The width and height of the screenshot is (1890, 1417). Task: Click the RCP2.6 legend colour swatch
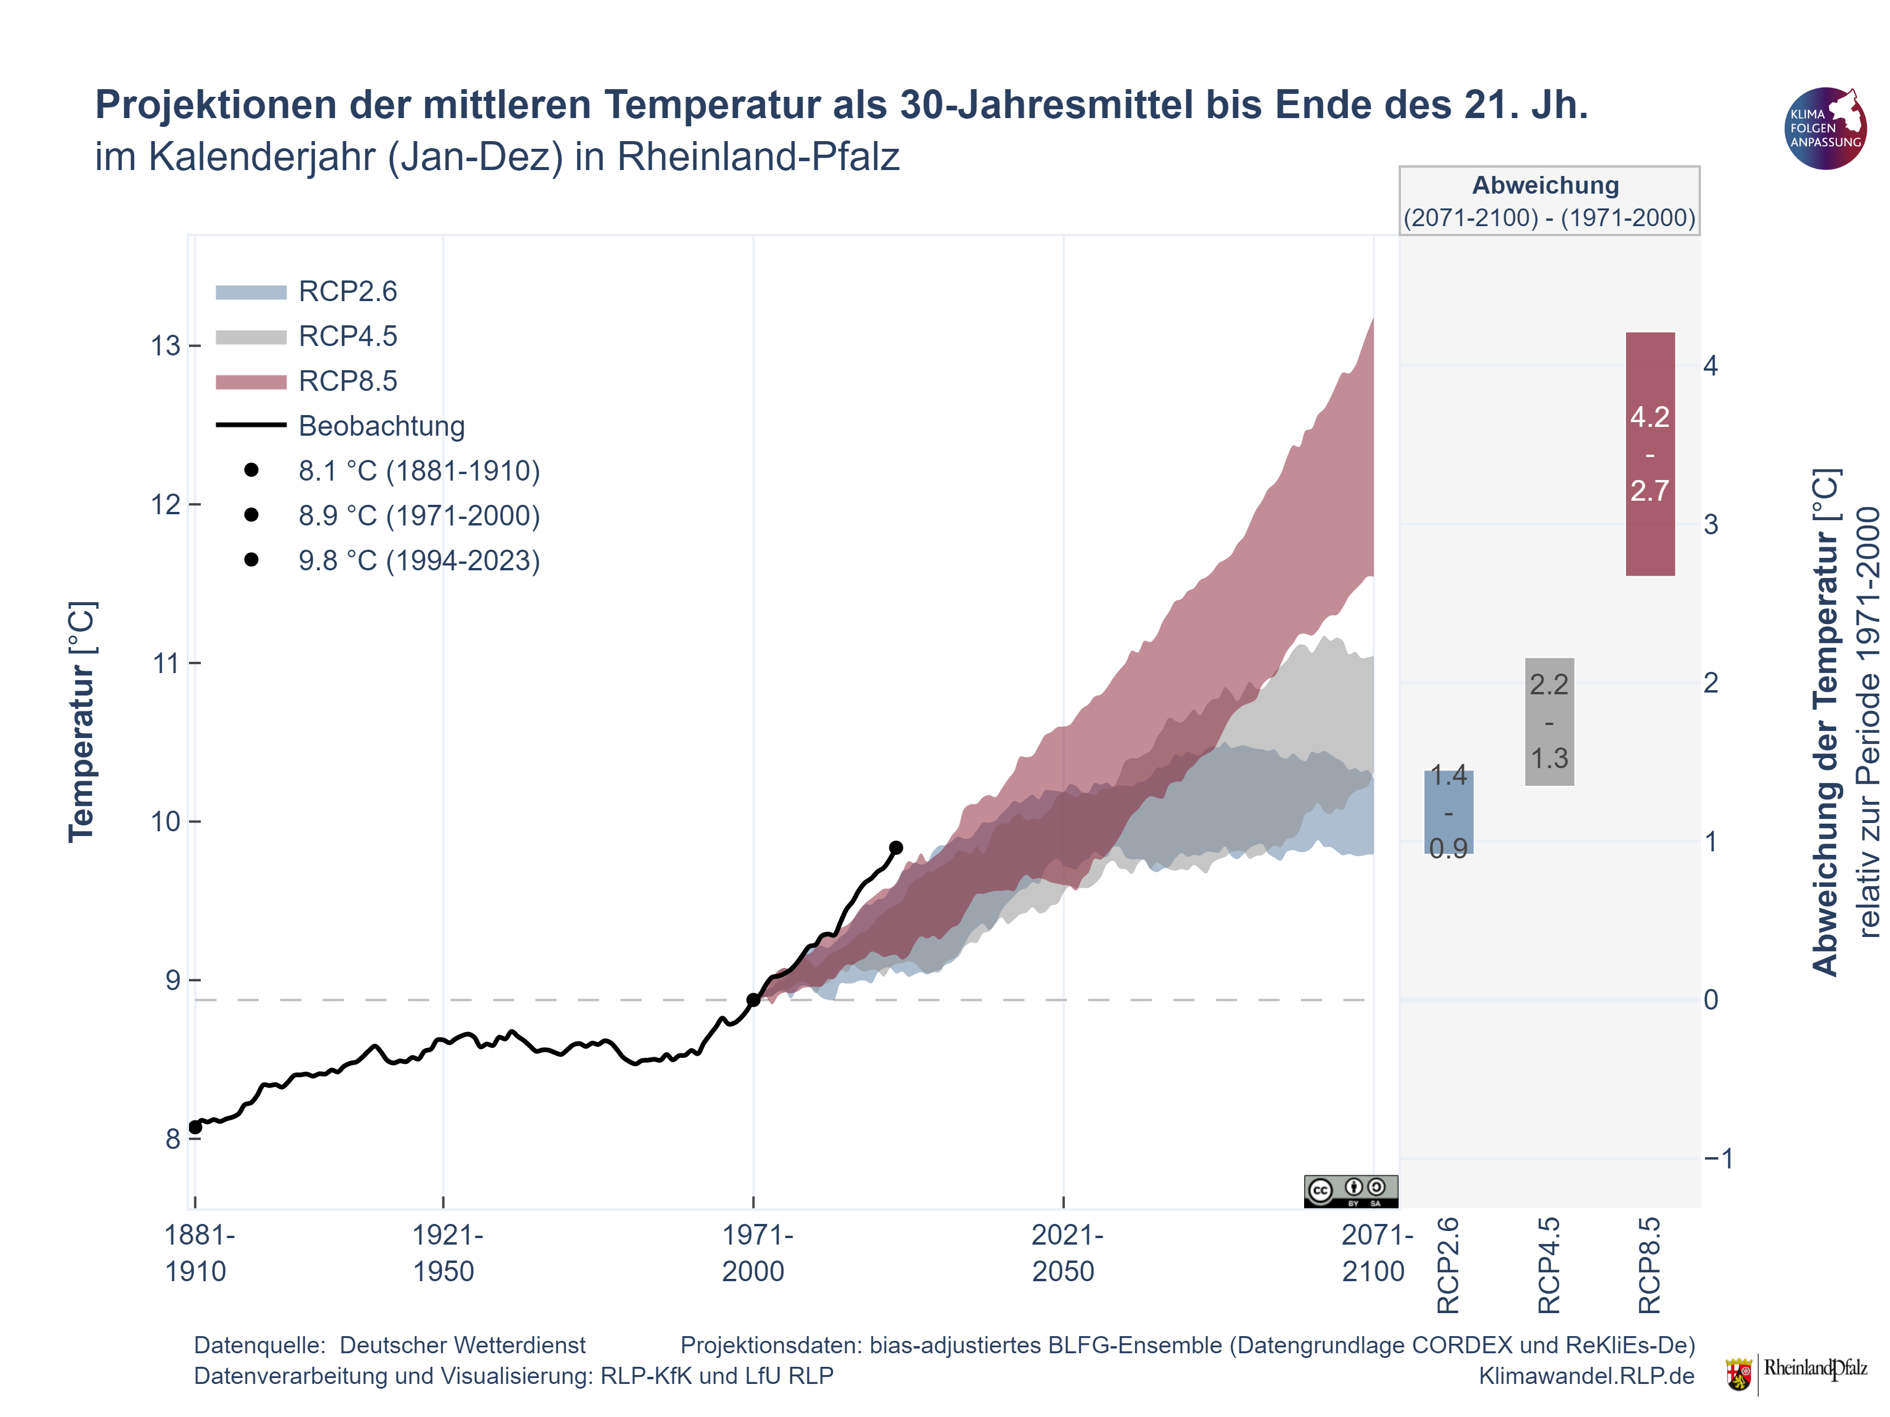click(250, 292)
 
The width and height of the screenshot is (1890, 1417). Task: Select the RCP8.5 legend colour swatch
click(250, 382)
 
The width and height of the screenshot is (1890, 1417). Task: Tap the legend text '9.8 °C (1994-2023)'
click(419, 561)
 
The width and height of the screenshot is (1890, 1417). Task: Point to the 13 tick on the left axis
click(166, 346)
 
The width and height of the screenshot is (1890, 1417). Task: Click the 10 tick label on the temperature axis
click(166, 822)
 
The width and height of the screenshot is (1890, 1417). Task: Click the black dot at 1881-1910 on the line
click(195, 1128)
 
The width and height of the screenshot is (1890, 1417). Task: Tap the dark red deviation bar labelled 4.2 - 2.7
click(1650, 453)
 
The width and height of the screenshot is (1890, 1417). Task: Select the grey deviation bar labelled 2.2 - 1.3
click(1549, 721)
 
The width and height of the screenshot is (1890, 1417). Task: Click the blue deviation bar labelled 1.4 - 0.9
click(1448, 812)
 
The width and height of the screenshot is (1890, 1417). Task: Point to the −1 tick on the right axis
click(1718, 1159)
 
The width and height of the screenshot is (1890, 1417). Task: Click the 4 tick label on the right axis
click(1710, 365)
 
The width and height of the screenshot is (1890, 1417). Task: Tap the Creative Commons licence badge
click(1351, 1191)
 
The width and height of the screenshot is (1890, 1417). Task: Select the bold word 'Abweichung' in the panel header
click(1546, 185)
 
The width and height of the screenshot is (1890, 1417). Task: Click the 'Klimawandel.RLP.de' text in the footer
click(1586, 1376)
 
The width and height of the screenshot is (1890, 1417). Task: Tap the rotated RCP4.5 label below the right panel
click(1549, 1266)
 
